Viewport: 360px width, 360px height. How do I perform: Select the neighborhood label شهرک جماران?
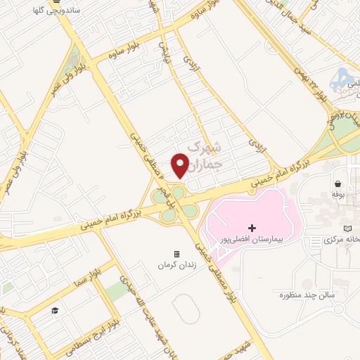pyautogui.click(x=206, y=156)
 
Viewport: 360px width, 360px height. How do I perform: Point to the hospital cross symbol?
pyautogui.click(x=253, y=229)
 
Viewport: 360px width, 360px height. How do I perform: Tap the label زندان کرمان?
pyautogui.click(x=176, y=265)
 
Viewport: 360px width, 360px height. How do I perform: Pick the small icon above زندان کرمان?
pyautogui.click(x=176, y=254)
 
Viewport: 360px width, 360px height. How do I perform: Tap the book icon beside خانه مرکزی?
pyautogui.click(x=347, y=229)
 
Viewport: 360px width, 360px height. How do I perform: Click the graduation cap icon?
pyautogui.click(x=54, y=310)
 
